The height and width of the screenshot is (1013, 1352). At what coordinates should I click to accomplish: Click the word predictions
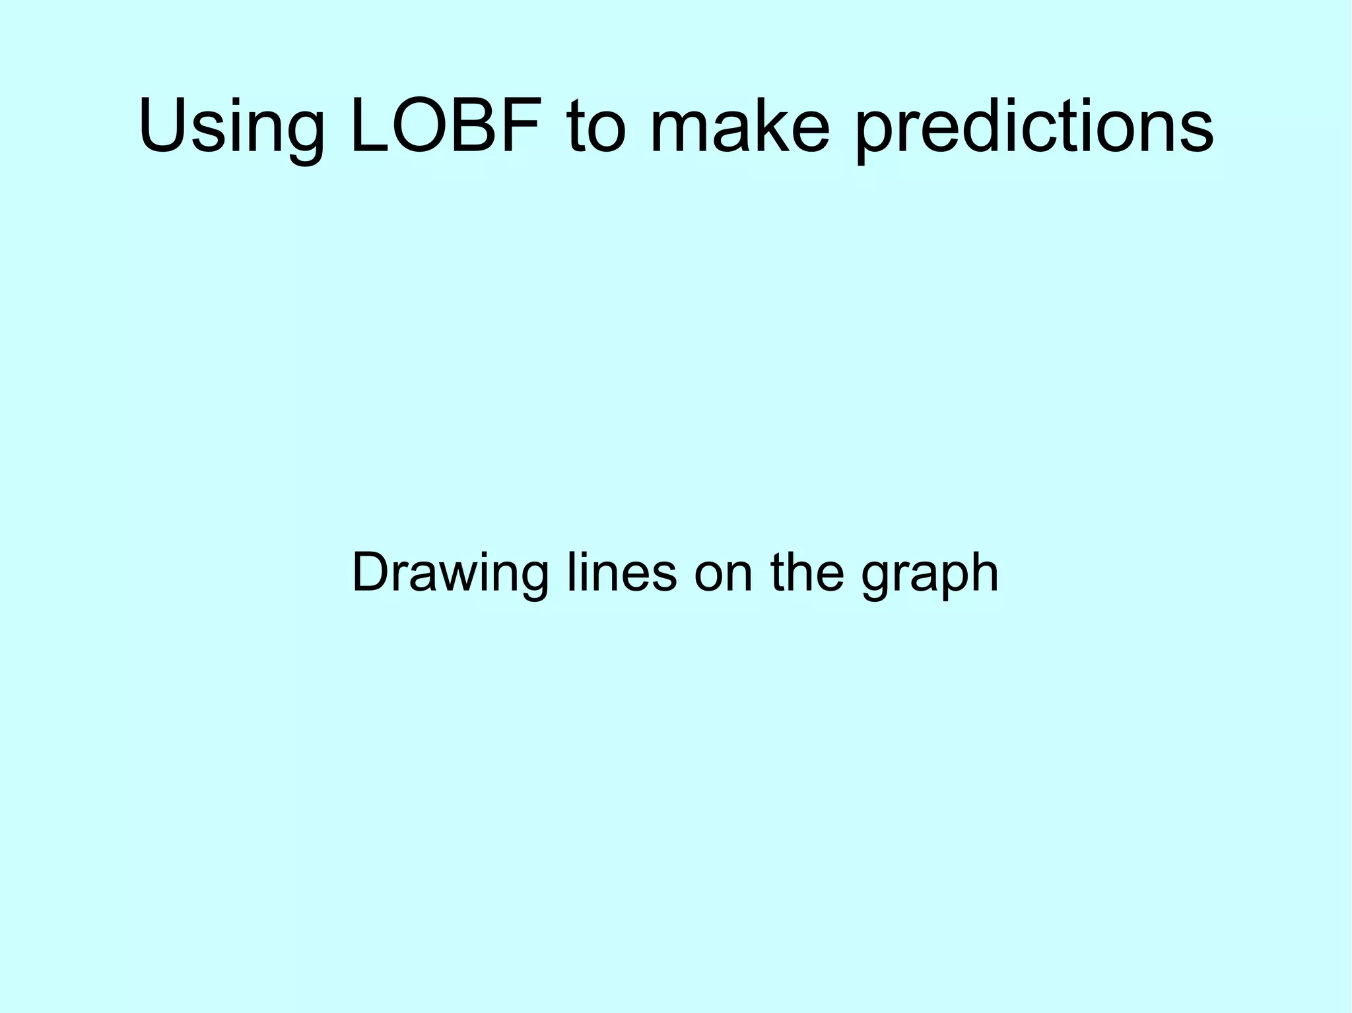[x=1033, y=129]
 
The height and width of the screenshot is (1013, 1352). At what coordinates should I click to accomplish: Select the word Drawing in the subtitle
[x=450, y=573]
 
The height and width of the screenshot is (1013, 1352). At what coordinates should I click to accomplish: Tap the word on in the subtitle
[x=723, y=573]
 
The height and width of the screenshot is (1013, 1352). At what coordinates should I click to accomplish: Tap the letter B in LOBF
[x=485, y=125]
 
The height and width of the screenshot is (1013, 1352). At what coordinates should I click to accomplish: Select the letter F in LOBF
[x=528, y=125]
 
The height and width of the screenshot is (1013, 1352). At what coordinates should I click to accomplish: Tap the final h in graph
[x=984, y=572]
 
